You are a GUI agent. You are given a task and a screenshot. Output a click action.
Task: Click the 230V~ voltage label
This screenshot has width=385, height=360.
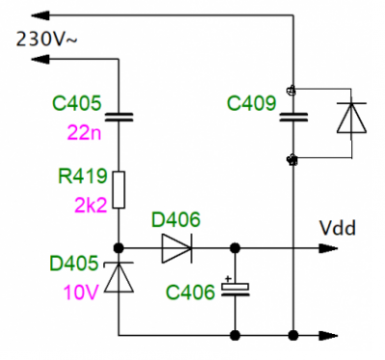(x=47, y=39)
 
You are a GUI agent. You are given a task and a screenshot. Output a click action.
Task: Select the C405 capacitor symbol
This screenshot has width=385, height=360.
(x=118, y=117)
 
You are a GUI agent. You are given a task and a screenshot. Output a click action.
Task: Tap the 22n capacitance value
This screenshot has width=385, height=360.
(x=85, y=133)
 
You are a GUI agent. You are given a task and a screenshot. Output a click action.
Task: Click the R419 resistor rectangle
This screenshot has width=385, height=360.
(x=118, y=190)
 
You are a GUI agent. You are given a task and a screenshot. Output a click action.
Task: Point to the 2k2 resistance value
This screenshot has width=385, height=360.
(x=90, y=205)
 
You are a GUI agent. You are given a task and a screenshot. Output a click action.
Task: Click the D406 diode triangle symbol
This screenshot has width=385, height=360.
(x=177, y=248)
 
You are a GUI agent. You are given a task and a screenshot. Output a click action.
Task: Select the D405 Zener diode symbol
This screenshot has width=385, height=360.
(x=118, y=276)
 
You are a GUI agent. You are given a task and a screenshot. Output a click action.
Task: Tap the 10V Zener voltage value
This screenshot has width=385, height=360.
(x=81, y=293)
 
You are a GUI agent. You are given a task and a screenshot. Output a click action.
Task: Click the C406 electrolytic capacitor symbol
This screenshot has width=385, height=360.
(x=235, y=289)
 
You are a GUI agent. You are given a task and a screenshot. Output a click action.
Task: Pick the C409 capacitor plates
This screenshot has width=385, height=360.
(x=294, y=117)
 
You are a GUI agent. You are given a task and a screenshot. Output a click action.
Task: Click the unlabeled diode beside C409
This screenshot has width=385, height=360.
(x=351, y=117)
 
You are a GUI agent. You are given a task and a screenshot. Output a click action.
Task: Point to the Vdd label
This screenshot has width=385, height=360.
(x=338, y=228)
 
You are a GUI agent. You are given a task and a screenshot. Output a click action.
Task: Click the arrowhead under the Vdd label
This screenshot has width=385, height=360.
(x=328, y=248)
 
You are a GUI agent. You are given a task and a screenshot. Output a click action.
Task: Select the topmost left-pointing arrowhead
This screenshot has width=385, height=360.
(x=40, y=15)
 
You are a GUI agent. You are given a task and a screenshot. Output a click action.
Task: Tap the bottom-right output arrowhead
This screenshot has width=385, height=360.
(x=328, y=336)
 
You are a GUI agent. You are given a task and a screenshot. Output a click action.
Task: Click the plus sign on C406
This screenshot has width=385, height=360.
(x=228, y=278)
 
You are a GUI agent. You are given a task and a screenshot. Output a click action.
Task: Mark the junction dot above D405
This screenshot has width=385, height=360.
(x=118, y=248)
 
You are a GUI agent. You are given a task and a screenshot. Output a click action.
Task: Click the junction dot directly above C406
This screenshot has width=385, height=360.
(x=235, y=248)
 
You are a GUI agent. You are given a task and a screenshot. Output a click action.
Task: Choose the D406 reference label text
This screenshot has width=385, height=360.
(x=176, y=219)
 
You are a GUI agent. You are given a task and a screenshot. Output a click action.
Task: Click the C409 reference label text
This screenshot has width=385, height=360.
(x=251, y=103)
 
